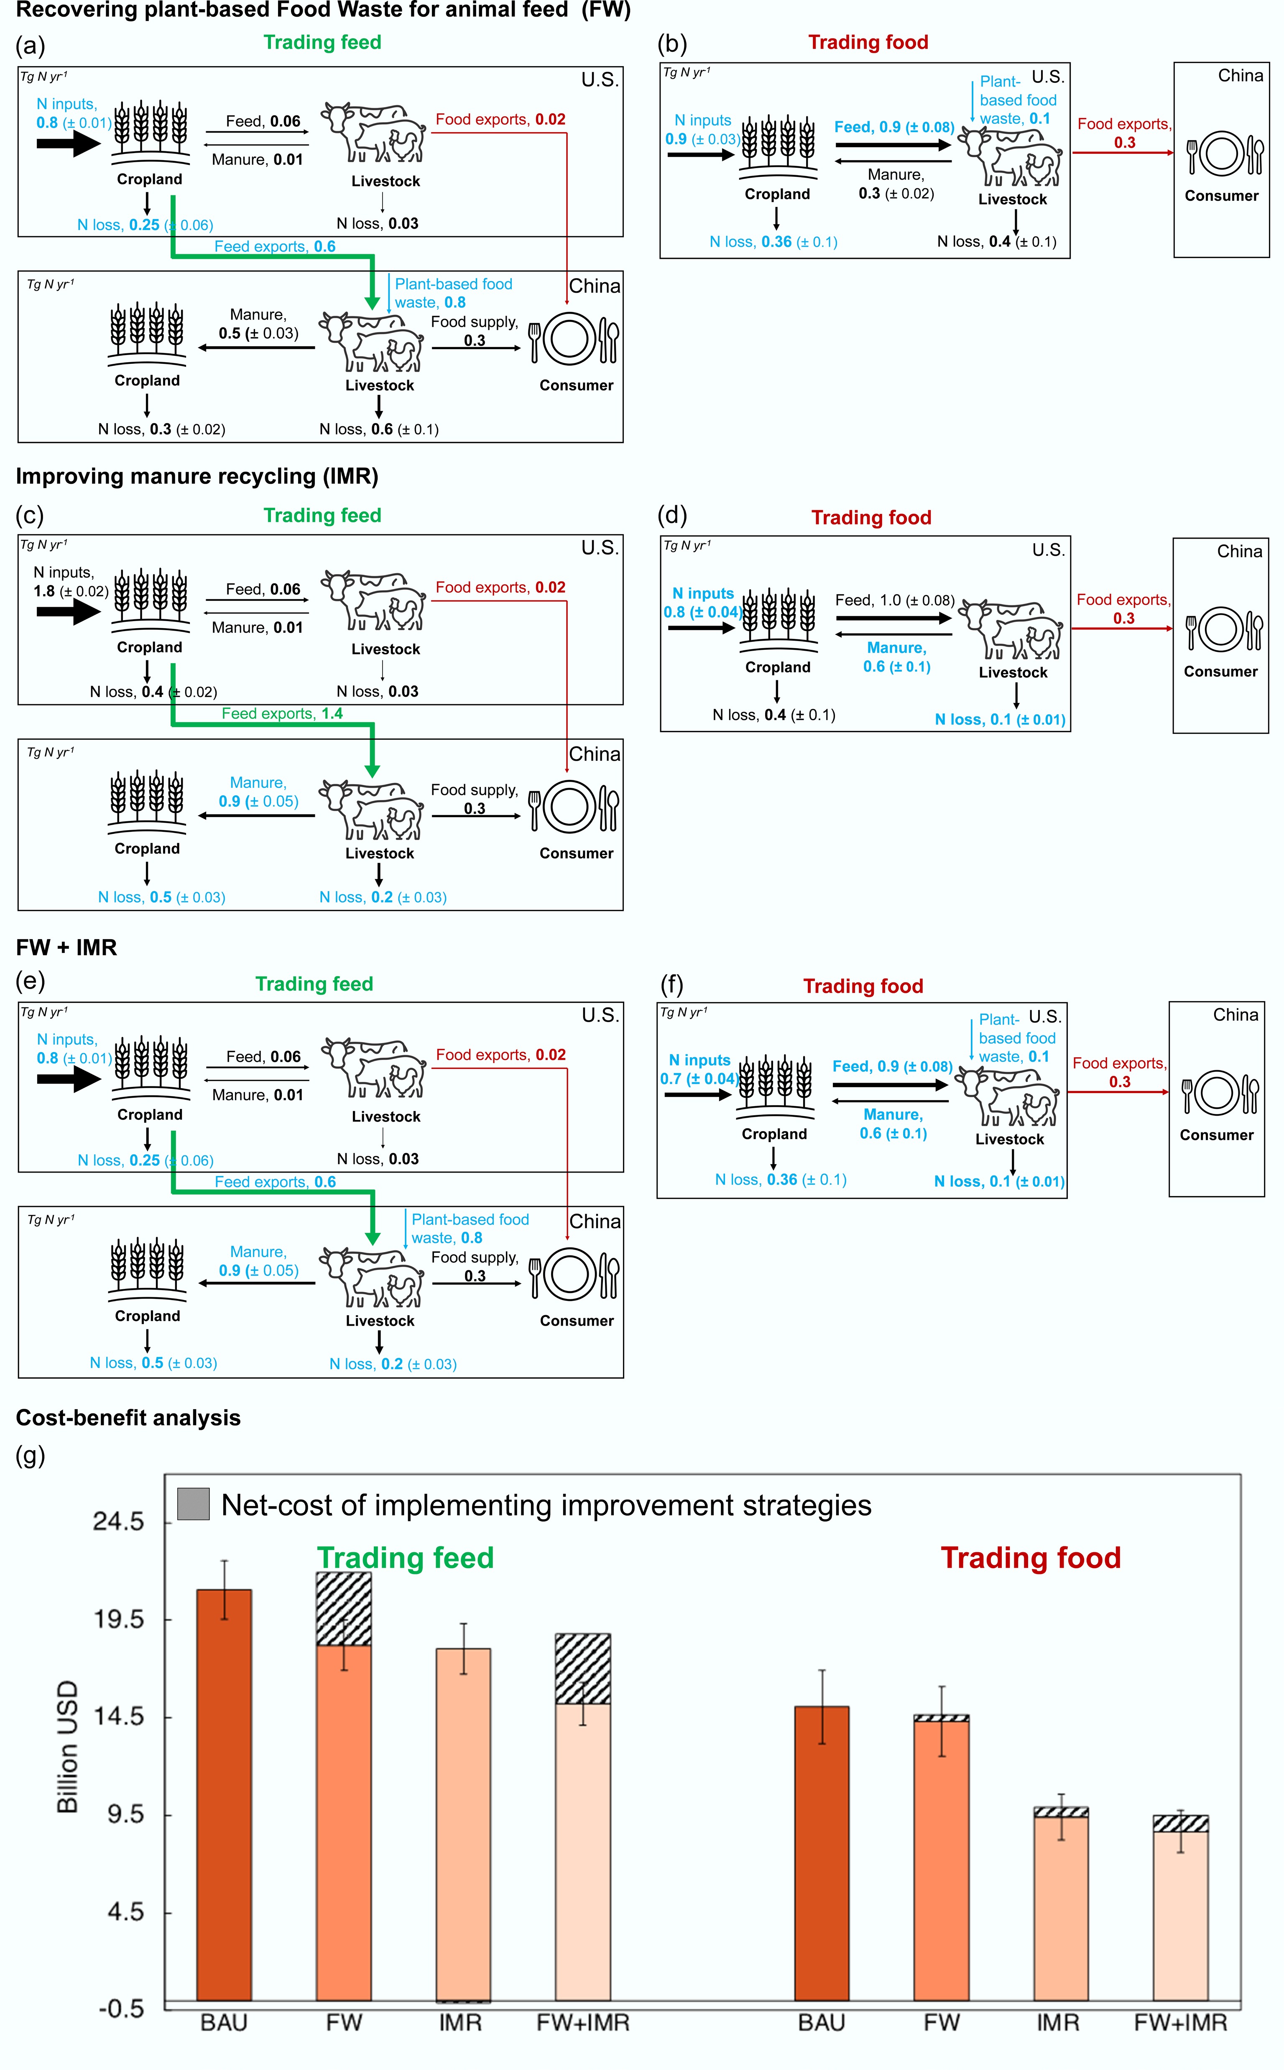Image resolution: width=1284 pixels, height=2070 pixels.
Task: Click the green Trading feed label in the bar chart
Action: pos(406,1558)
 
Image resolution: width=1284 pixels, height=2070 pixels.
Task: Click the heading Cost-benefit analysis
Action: pos(128,1418)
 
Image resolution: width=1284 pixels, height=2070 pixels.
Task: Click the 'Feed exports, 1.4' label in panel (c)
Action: pos(282,713)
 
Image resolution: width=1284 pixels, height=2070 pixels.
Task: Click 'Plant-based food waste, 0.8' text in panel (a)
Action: pos(454,293)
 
